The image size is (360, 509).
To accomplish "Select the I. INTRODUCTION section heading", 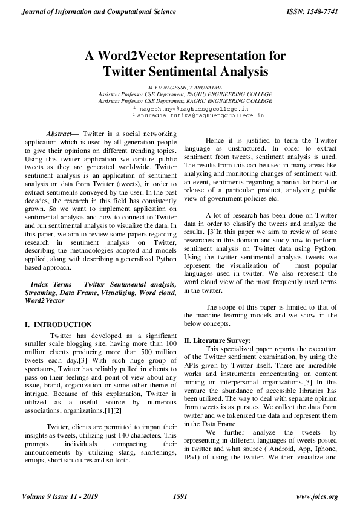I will tap(59, 325).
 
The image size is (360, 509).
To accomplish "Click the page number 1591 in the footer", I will tap(180, 497).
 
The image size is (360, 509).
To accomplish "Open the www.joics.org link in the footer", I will tap(317, 497).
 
